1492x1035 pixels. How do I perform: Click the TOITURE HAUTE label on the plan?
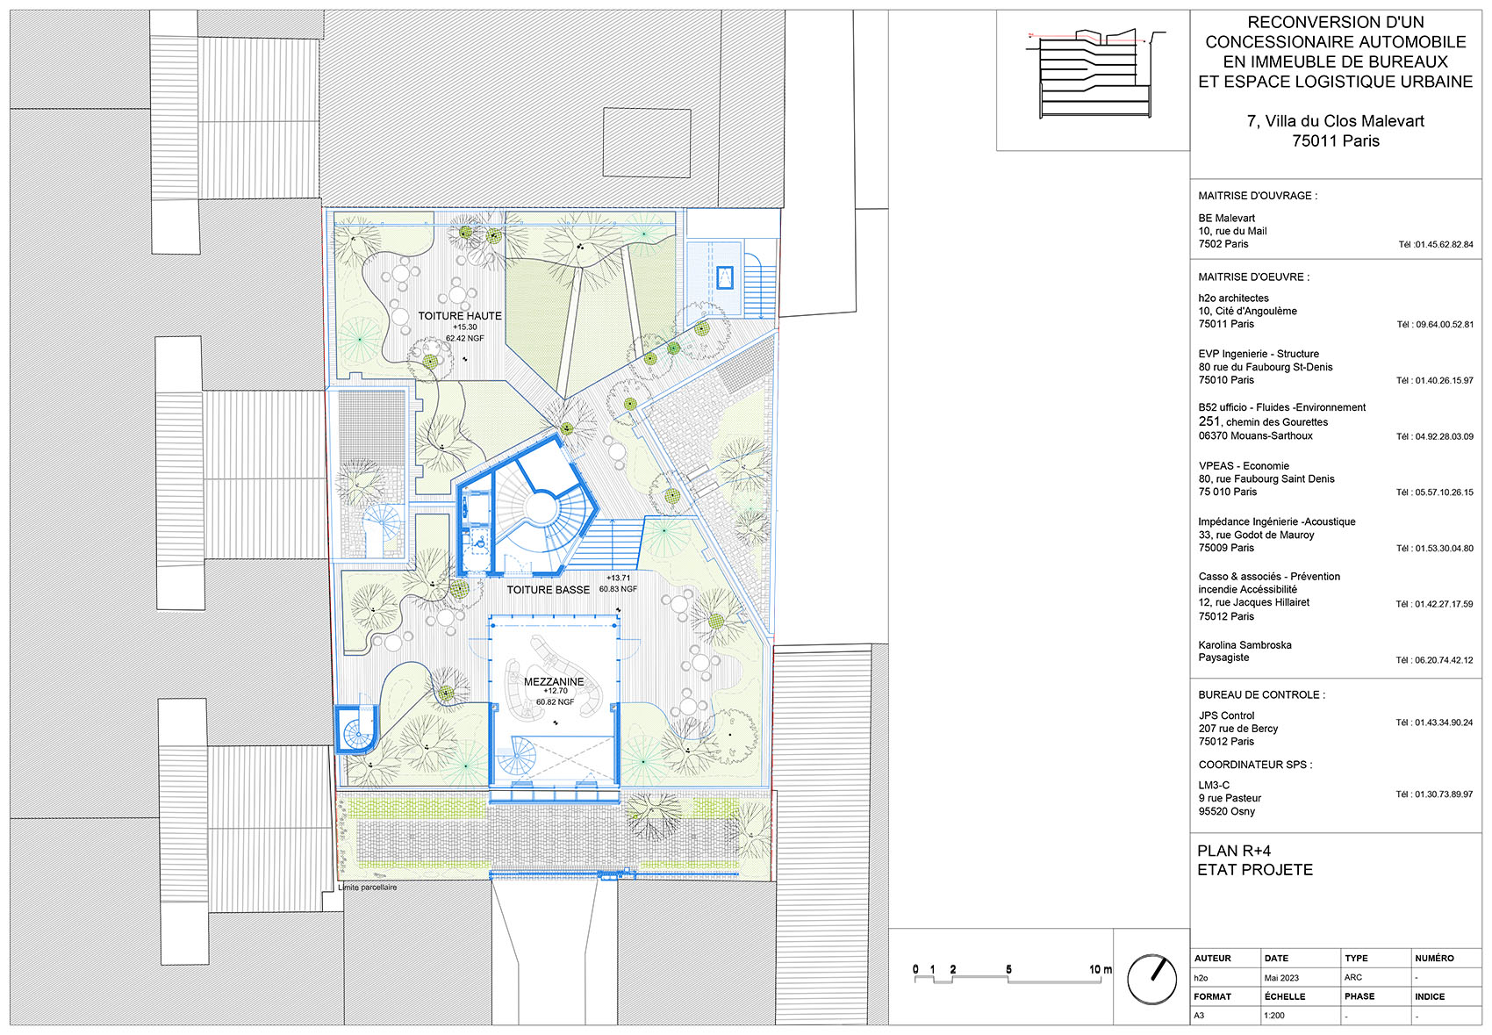tap(460, 316)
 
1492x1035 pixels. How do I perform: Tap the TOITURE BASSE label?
tap(548, 590)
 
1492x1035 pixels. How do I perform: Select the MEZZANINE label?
tap(554, 681)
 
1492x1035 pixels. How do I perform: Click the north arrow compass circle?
tap(1151, 980)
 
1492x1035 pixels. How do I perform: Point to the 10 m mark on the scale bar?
tap(1099, 970)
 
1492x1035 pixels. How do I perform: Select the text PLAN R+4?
tap(1233, 851)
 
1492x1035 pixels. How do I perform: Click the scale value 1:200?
tap(1274, 1016)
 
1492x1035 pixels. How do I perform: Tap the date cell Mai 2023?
tap(1281, 978)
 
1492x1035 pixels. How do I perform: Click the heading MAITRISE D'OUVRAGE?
tap(1257, 196)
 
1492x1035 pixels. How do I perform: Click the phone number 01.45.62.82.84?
tap(1436, 245)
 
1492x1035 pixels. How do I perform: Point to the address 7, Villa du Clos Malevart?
tap(1335, 121)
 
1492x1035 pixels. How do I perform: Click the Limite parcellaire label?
tap(369, 888)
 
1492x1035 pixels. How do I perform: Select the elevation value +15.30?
tap(465, 327)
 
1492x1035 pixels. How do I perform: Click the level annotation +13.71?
tap(619, 579)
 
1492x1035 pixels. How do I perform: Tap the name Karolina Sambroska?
tap(1245, 645)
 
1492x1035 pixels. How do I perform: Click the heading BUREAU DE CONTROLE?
tap(1261, 694)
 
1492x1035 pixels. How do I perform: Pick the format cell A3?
tap(1199, 1016)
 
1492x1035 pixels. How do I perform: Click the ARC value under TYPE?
tap(1352, 977)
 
